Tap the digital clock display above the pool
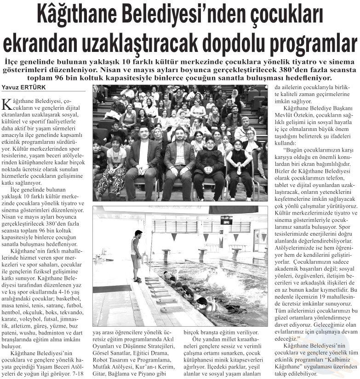(x=226, y=221)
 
